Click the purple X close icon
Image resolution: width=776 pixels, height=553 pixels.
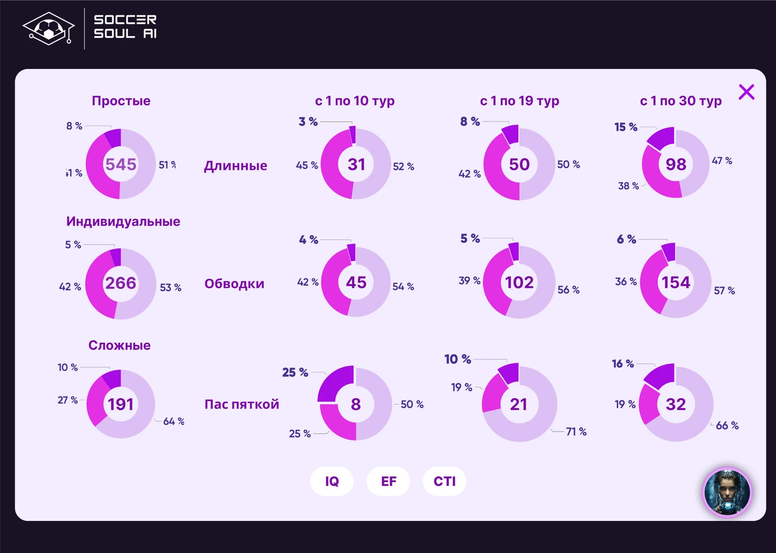pos(746,92)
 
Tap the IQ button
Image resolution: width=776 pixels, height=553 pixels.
pos(332,481)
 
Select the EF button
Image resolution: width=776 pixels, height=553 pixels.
pos(389,481)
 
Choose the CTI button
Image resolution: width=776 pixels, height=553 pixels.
pos(444,481)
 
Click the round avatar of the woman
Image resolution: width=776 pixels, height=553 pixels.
pos(727,492)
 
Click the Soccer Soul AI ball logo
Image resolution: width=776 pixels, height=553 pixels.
pos(48,29)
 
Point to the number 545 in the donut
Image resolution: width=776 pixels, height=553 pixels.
pos(121,164)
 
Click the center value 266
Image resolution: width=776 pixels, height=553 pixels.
pos(121,283)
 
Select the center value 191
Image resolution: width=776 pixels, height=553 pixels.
pos(121,405)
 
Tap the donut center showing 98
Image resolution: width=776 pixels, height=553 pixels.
pos(676,164)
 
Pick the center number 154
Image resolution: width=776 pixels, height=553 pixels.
pos(676,282)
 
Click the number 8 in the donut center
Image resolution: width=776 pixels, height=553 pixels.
pos(356,405)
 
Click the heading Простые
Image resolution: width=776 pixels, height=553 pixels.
pos(121,101)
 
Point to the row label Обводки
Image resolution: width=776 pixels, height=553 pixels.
pos(234,284)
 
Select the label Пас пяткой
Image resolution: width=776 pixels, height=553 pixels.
pos(242,404)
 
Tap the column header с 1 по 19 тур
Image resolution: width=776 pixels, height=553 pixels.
pos(519,101)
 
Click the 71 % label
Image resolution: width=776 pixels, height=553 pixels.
pos(576,432)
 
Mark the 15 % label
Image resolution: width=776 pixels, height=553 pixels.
pos(626,127)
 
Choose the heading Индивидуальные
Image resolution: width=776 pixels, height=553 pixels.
pos(123,221)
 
